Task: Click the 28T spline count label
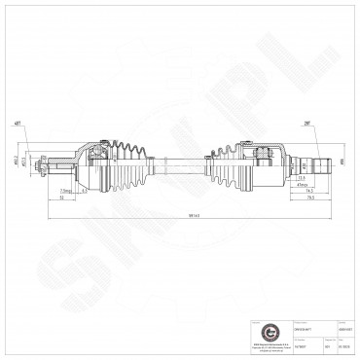306,126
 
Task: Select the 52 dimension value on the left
60,197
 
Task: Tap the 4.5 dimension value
85,190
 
